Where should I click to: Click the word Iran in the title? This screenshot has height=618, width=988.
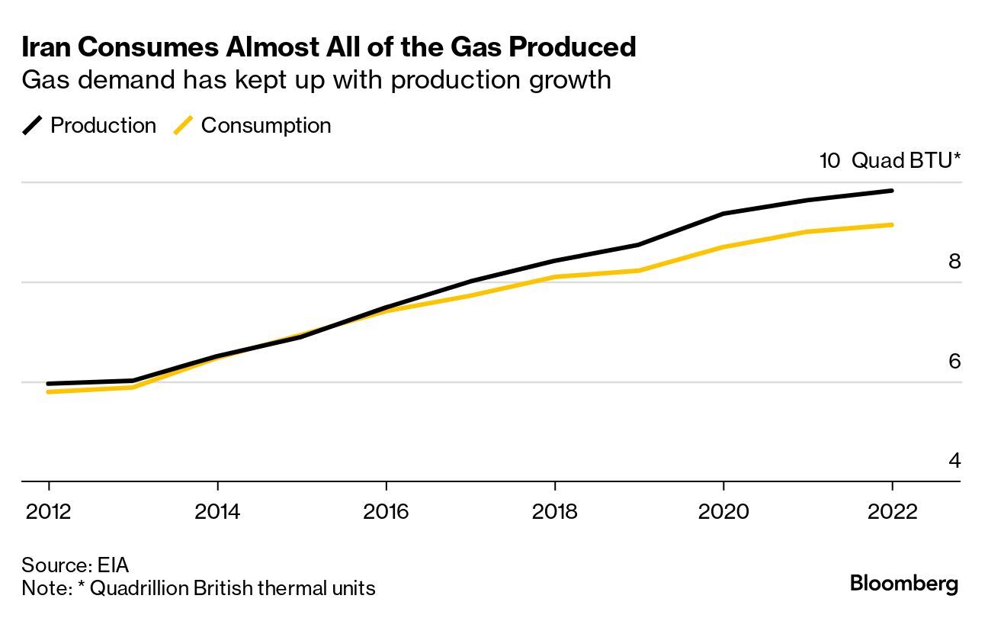click(x=45, y=47)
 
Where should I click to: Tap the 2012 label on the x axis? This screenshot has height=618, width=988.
click(x=49, y=510)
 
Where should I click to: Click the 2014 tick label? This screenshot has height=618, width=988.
click(x=217, y=510)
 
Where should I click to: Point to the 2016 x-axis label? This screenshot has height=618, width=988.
click(x=386, y=510)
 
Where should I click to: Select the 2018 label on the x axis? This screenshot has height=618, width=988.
click(x=554, y=510)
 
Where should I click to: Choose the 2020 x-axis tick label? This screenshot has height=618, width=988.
click(x=723, y=510)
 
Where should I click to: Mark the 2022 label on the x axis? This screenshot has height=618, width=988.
click(x=891, y=510)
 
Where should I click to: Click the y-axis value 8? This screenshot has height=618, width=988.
click(x=954, y=262)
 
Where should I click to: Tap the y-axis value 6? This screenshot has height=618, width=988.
click(x=954, y=361)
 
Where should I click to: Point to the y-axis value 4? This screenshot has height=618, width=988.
click(x=954, y=461)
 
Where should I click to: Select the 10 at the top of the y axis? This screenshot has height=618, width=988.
click(x=829, y=161)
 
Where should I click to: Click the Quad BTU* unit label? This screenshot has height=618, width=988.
click(x=906, y=161)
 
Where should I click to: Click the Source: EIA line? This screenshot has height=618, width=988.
click(x=75, y=565)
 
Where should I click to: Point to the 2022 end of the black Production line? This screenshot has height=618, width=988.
click(x=891, y=191)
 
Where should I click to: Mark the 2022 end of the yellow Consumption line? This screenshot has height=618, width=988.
click(x=891, y=225)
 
